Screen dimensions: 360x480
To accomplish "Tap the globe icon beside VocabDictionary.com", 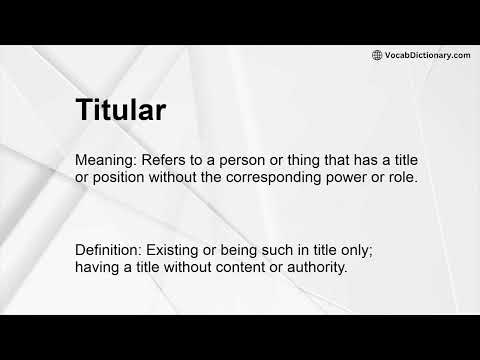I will (x=377, y=55).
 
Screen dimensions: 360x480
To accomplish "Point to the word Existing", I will (x=178, y=248).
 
